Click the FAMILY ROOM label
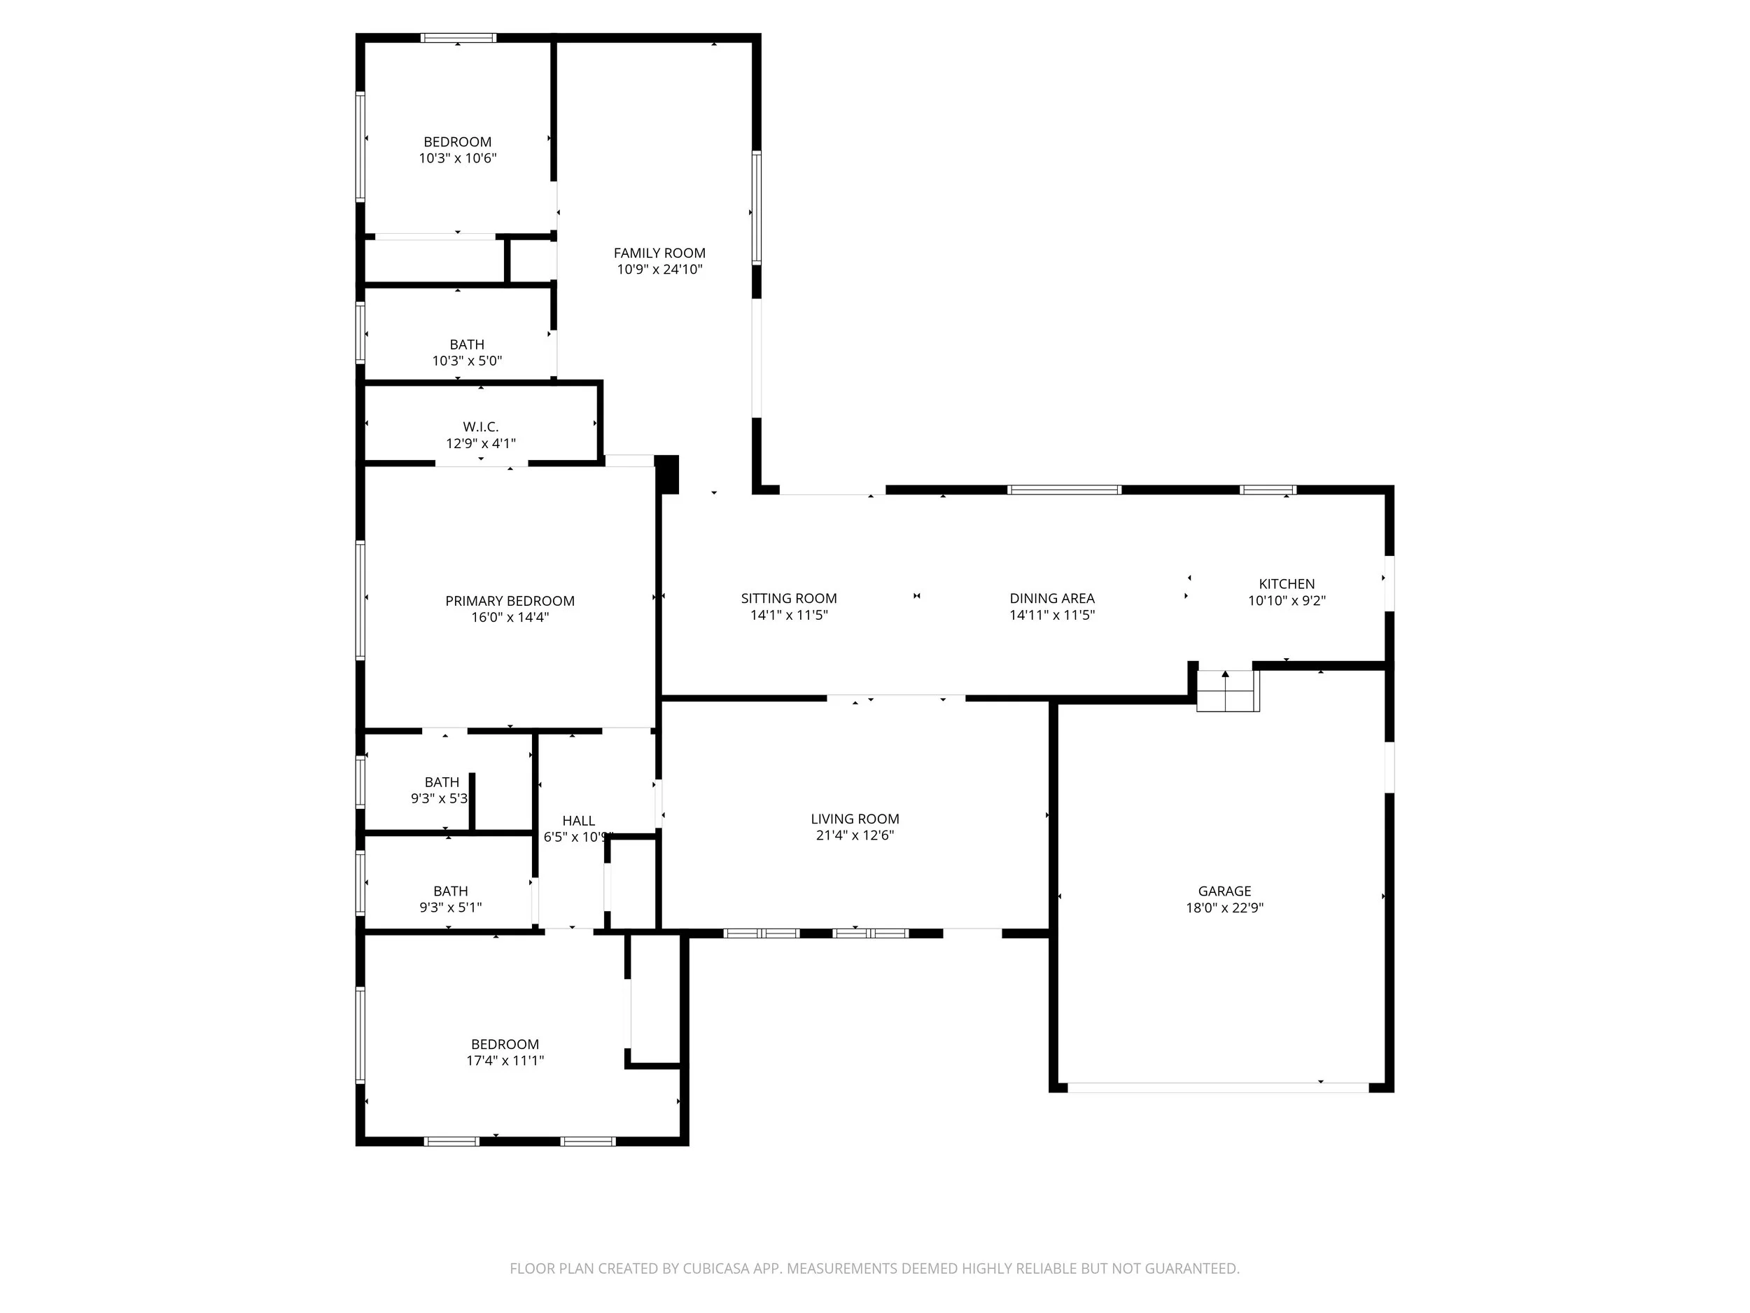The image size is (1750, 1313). pos(659,253)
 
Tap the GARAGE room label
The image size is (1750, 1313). pos(1224,891)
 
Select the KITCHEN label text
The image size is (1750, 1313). pos(1287,584)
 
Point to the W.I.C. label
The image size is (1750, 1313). pos(480,427)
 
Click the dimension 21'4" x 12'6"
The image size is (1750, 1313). pos(855,835)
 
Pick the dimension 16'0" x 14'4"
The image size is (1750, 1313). pos(510,618)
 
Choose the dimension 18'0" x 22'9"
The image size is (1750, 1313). pos(1224,908)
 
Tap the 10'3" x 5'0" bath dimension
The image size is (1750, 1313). pos(467,361)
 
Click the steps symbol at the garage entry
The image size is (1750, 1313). pos(1226,691)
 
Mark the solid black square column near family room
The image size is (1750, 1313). pos(666,474)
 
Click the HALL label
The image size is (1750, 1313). pos(578,821)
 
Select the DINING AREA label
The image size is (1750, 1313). pos(1051,598)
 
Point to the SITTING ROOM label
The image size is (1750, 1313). pos(789,598)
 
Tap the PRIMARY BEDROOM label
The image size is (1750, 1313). pos(510,601)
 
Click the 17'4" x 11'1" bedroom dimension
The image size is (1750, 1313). pos(505,1060)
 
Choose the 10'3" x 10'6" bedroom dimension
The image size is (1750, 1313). pos(457,158)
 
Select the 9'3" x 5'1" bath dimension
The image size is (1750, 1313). pos(450,908)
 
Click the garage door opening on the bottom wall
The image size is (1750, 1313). pos(1219,1088)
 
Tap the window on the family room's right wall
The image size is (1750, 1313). pos(756,207)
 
